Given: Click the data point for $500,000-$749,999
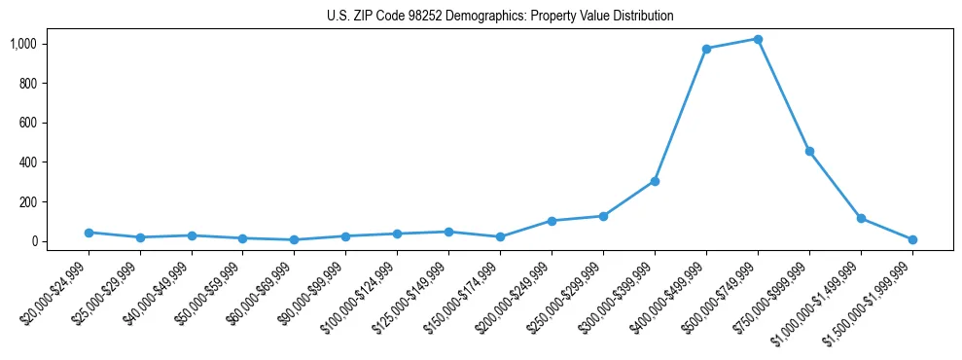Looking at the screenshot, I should click(758, 39).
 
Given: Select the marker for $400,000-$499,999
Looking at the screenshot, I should click(706, 49).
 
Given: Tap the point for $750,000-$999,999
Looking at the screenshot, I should click(809, 152).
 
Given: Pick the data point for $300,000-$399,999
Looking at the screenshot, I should click(655, 181).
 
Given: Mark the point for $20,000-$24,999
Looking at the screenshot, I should click(89, 233).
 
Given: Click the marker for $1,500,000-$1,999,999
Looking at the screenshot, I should click(912, 239).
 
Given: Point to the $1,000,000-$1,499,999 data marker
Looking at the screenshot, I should click(861, 218).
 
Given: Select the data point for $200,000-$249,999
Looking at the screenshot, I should click(552, 221).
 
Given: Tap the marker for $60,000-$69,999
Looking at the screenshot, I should click(295, 239).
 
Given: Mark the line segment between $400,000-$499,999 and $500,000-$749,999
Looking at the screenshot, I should click(732, 44).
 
